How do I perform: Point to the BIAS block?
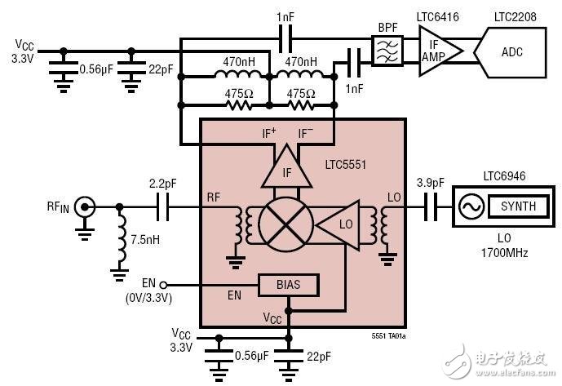pos(288,285)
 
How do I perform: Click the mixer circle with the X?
pos(285,221)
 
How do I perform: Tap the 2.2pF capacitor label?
pos(162,184)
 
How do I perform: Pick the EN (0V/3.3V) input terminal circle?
pos(163,284)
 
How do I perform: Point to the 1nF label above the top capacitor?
pos(285,16)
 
